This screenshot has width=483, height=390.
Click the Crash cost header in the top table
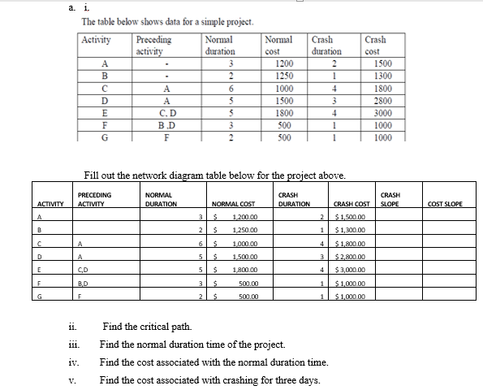(376, 44)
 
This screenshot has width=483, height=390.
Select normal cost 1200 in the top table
(284, 63)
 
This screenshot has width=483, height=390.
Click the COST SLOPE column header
(446, 204)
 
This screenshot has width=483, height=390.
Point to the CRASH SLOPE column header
(393, 199)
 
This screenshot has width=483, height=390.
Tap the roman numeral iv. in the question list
(75, 362)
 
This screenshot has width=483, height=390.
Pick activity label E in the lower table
(39, 270)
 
